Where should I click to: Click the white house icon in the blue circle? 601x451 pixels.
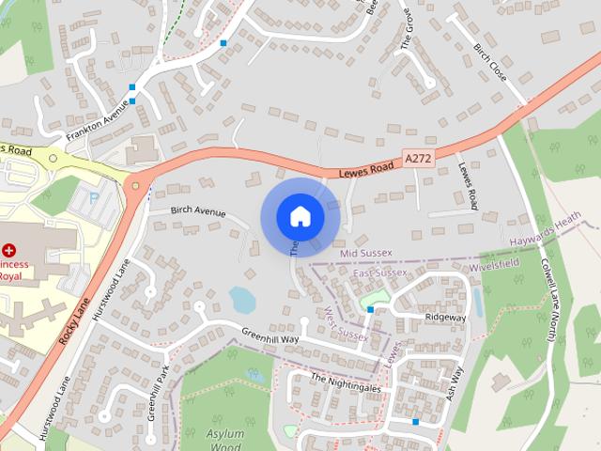tap(300, 216)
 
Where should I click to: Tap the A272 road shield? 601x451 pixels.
tap(418, 160)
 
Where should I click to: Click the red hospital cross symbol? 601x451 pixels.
tap(9, 251)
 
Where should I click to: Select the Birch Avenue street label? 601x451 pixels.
tap(198, 212)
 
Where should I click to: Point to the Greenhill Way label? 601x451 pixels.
tap(270, 337)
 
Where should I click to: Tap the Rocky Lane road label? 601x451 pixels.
tap(74, 318)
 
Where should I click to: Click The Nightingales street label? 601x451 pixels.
tap(346, 381)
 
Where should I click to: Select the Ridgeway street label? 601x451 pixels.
tap(445, 318)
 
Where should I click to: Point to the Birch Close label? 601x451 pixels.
tap(489, 61)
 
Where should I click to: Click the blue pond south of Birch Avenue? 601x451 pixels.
tap(242, 300)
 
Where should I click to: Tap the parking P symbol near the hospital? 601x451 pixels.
tap(94, 197)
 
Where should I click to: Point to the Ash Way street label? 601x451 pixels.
tap(456, 382)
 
